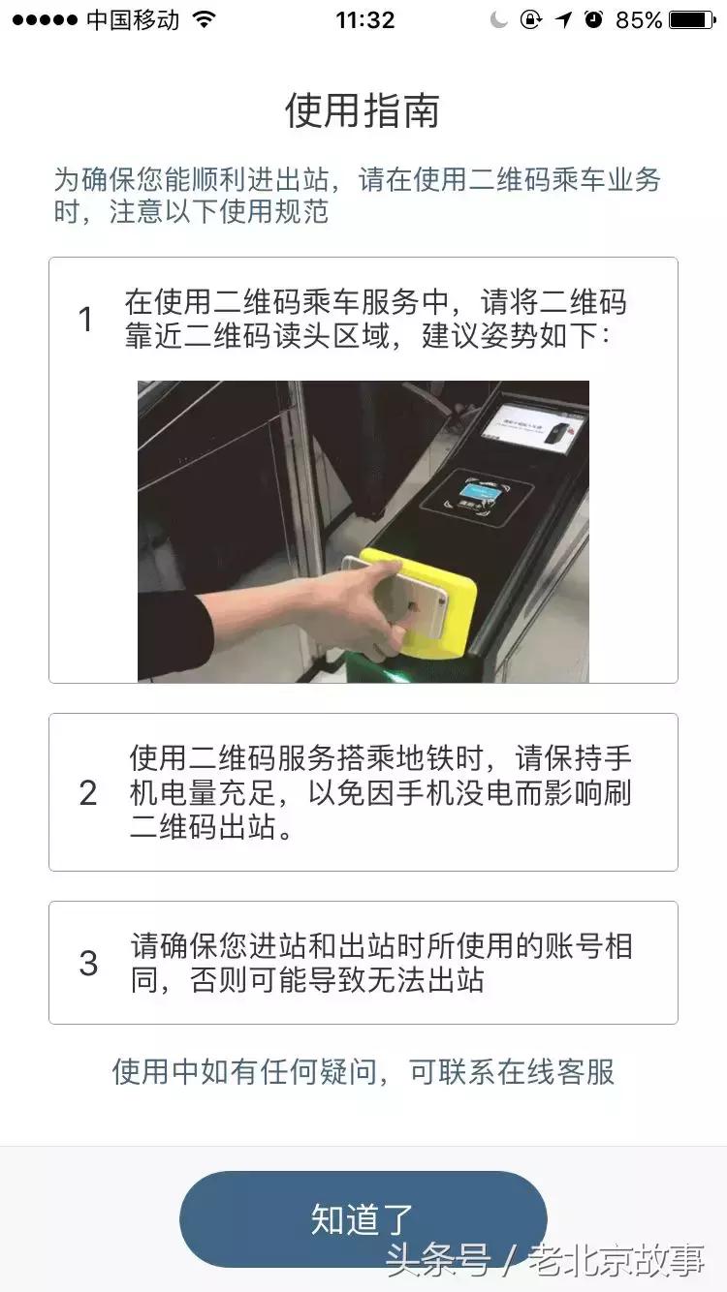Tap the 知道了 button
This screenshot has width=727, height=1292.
coord(363,1218)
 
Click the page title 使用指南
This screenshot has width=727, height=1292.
coord(363,110)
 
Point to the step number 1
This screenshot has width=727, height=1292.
coord(86,320)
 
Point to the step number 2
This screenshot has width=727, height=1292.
coord(88,793)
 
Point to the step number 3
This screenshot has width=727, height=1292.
coord(88,963)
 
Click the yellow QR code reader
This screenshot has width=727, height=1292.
coord(436,600)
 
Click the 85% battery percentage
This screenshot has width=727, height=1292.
coord(639,20)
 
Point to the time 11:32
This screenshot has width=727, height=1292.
coord(364,20)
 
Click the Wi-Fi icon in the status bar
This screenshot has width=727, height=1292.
coord(204,20)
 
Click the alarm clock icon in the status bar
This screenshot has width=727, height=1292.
coord(594,20)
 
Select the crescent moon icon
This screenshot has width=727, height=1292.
coord(499,20)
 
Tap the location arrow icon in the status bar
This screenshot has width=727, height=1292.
coord(563,20)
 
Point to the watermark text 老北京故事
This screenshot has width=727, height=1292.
coord(616,1260)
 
